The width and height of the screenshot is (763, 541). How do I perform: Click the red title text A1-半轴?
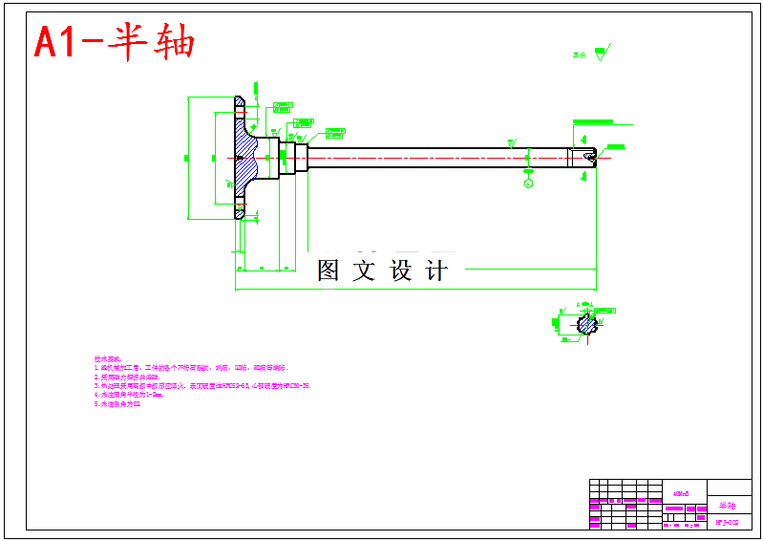point(115,42)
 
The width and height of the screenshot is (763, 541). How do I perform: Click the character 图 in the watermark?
point(329,270)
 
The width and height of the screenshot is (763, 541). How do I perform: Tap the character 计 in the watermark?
point(436,270)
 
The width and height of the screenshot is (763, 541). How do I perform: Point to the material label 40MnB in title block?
point(682,491)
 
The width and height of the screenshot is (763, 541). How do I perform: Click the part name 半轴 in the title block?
point(728,505)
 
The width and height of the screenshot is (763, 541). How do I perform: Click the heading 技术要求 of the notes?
point(110,358)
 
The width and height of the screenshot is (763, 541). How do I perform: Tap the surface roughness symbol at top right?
point(601,54)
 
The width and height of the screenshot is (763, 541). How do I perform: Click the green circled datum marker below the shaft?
point(529,183)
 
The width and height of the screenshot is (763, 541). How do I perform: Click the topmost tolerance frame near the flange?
point(282,105)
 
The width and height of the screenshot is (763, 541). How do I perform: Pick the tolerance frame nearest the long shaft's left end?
point(334,131)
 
